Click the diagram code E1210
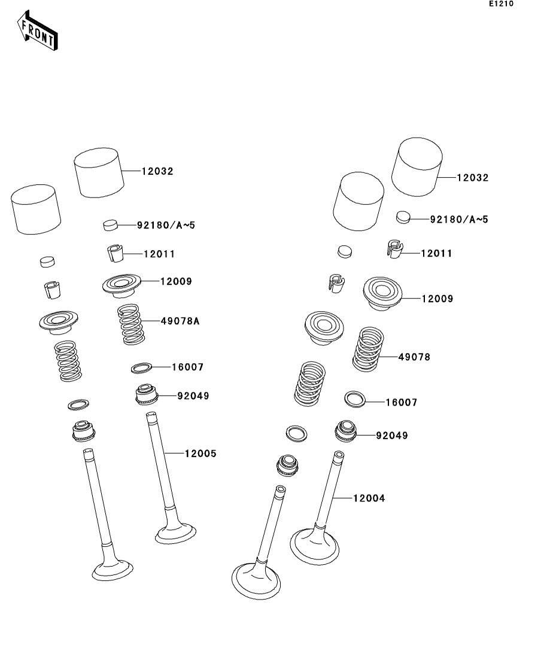pos(501,4)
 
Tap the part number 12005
pos(200,454)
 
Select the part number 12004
pos(369,498)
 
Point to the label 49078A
pos(180,321)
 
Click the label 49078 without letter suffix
pos(414,357)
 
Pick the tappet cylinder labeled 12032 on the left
pos(99,172)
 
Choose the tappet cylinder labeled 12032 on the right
pos(417,168)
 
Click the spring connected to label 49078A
pos(130,324)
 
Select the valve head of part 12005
pos(176,532)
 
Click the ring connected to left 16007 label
pos(141,367)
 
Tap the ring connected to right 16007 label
pos(355,398)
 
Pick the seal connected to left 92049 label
pos(145,394)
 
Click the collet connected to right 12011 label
pos(393,248)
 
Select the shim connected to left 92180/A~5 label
pos(110,225)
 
